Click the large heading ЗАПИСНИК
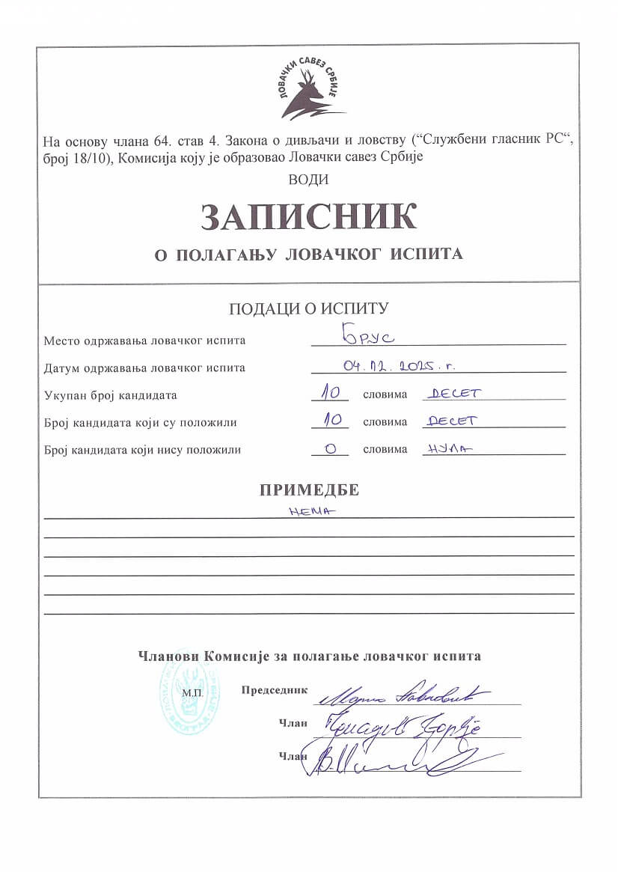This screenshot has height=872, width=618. click(x=308, y=216)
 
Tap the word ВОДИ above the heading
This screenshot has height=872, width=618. click(x=308, y=180)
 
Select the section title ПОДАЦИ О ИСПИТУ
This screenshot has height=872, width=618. click(x=308, y=309)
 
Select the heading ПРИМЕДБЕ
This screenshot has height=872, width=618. click(x=309, y=490)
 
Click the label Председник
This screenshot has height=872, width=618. click(x=274, y=689)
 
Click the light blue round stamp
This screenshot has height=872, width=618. click(x=189, y=698)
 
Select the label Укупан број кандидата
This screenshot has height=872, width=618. click(x=111, y=395)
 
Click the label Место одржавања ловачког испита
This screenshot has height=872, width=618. click(x=144, y=341)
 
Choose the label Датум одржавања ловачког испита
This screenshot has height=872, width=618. click(x=144, y=368)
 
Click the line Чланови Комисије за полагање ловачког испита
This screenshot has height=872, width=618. click(x=309, y=656)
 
